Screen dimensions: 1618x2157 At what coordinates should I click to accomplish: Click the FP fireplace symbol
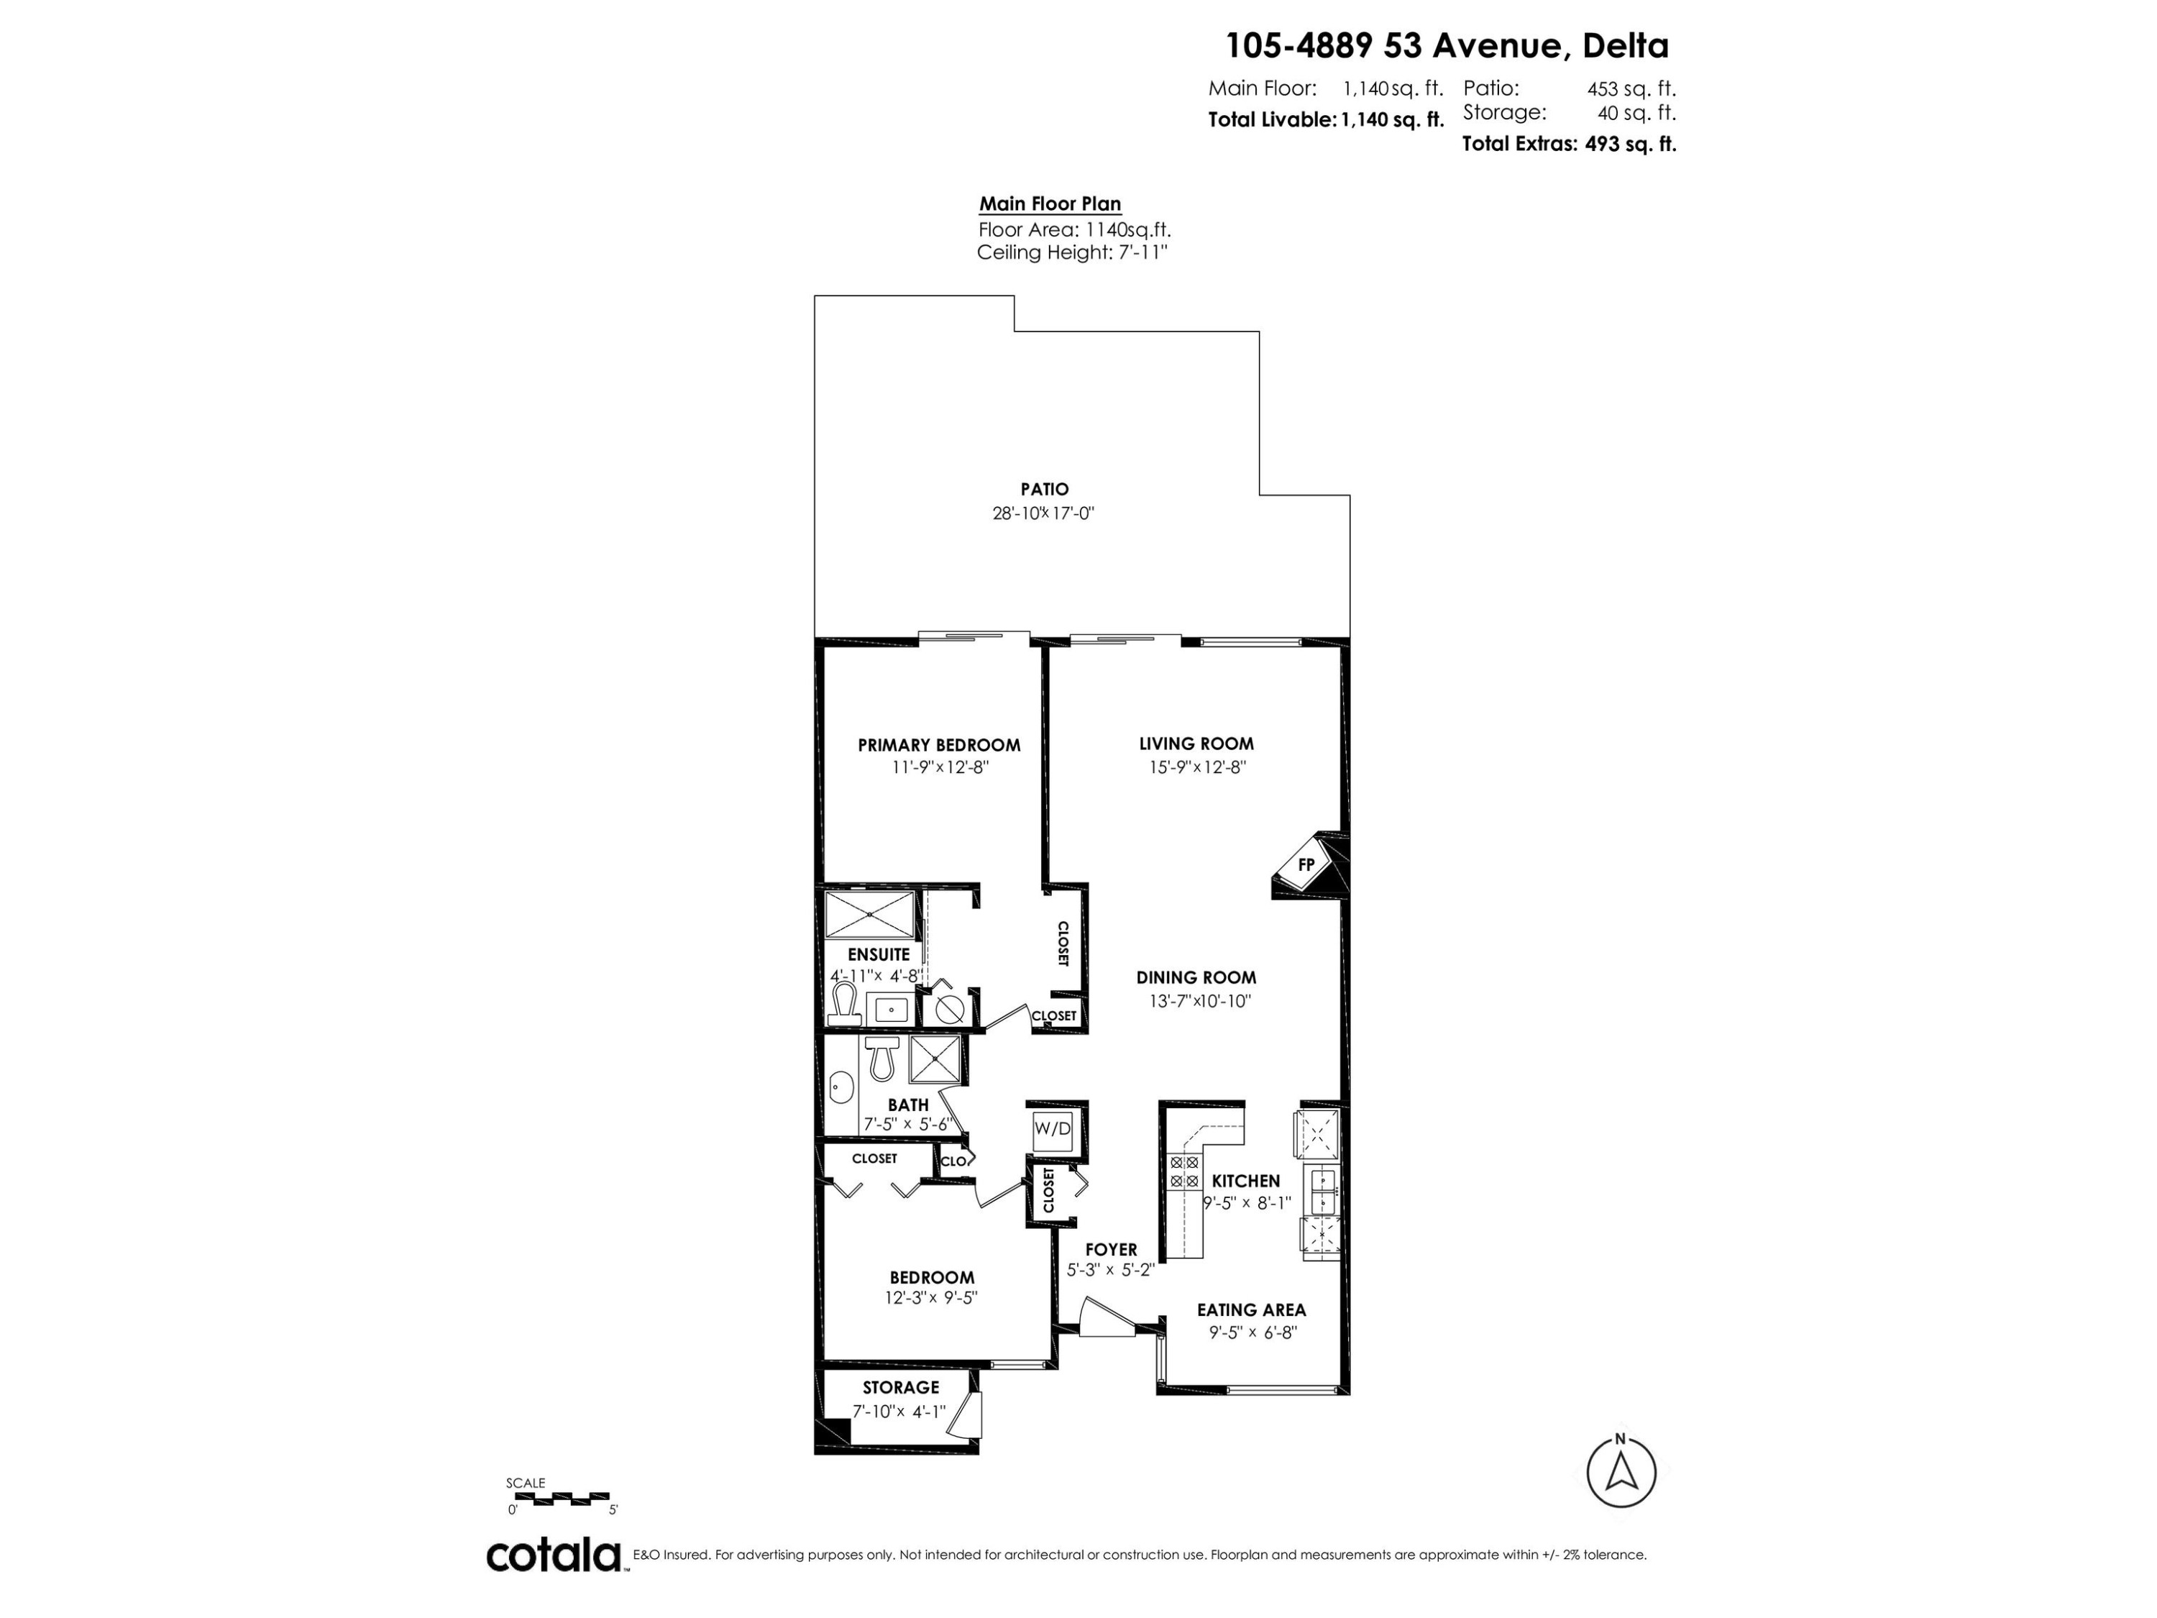1306,865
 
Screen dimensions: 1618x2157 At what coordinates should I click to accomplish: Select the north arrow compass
1621,1473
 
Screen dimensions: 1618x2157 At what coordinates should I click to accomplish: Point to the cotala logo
554,1555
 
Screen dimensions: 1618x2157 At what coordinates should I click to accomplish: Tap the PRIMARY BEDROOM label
939,745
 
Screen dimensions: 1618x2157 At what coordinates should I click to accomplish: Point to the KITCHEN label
1245,1181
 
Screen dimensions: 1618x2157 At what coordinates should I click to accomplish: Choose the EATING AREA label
1251,1310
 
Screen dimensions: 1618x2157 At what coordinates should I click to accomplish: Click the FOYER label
1111,1249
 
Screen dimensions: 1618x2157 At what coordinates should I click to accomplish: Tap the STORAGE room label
900,1387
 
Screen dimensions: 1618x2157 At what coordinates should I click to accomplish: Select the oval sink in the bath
841,1087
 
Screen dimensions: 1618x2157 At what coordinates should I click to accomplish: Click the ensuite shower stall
870,915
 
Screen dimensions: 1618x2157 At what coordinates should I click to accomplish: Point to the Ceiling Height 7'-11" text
1072,252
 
